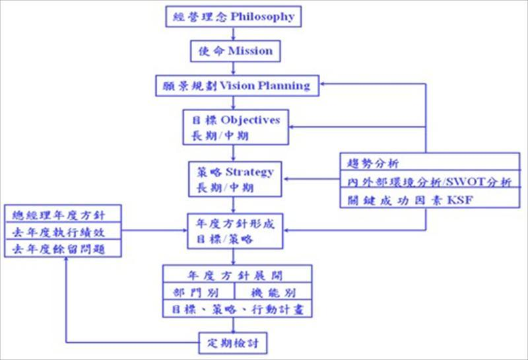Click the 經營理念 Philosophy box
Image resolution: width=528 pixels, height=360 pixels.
click(231, 16)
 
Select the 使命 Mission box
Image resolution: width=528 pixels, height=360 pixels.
click(231, 50)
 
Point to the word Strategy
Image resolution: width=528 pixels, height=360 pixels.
click(249, 172)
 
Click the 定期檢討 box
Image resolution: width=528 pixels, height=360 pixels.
click(234, 343)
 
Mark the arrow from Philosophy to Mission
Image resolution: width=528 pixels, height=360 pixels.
click(232, 33)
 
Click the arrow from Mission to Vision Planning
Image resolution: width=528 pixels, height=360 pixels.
click(232, 67)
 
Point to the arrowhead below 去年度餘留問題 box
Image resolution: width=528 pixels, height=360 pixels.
click(67, 262)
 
